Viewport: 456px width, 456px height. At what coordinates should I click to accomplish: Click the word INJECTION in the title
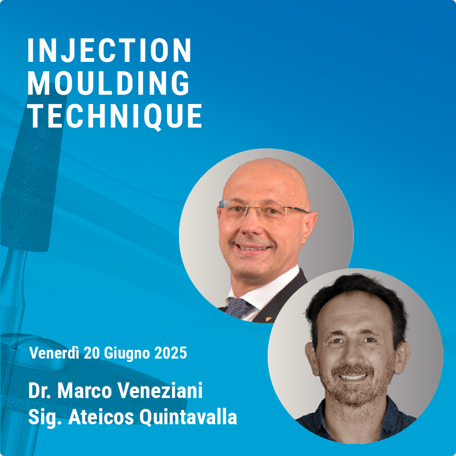[109, 50]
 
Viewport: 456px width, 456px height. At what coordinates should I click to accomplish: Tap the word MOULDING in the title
[108, 83]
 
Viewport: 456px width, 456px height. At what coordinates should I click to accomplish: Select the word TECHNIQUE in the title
[115, 116]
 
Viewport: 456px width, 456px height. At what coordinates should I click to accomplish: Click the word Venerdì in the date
[54, 353]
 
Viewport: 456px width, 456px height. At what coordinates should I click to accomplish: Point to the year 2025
[170, 353]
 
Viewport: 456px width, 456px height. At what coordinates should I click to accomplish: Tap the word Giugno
[127, 354]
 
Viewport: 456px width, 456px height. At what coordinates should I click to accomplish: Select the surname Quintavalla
[188, 417]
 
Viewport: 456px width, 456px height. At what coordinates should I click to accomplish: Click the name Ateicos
[101, 417]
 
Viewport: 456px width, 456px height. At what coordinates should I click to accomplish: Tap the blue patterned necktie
[238, 307]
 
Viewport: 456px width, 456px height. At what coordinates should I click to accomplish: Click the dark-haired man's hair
[356, 299]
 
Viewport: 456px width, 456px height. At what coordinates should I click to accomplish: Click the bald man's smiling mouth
[252, 248]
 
